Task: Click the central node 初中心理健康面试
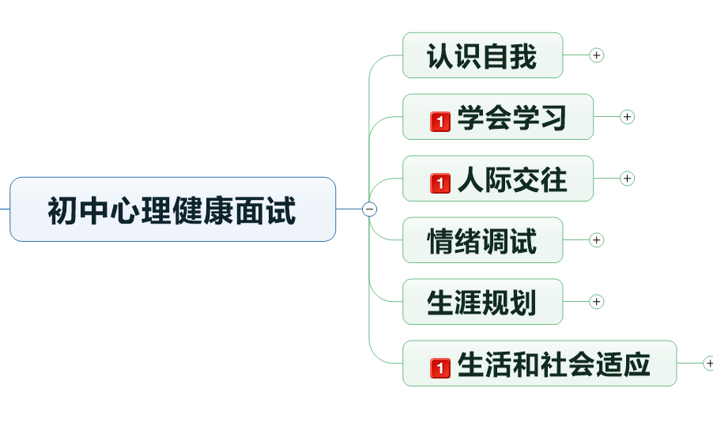click(x=172, y=209)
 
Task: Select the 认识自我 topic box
click(x=482, y=56)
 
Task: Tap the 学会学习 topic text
click(x=512, y=118)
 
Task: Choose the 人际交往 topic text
click(x=512, y=179)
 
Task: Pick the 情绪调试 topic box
click(x=482, y=240)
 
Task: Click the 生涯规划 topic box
click(x=482, y=302)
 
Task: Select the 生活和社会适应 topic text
click(x=553, y=364)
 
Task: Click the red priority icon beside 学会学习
click(x=440, y=122)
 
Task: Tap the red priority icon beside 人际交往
click(x=440, y=183)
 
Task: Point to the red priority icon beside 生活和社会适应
click(x=440, y=368)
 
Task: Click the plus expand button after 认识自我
click(x=597, y=55)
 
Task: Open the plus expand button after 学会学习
click(x=628, y=117)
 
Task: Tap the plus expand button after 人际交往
click(x=628, y=179)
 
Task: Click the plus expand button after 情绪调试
click(x=597, y=240)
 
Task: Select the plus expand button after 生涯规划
click(x=597, y=302)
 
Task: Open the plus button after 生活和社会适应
click(x=709, y=364)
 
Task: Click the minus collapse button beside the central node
click(x=369, y=209)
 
